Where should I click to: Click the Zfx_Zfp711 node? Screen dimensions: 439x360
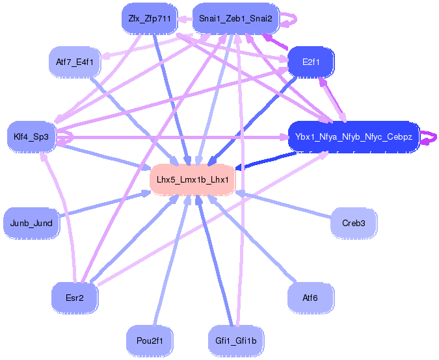coord(150,19)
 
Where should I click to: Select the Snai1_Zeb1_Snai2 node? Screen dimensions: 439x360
coord(235,19)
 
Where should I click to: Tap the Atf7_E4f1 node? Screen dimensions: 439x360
coord(75,62)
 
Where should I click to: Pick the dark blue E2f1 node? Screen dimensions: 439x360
coord(311,62)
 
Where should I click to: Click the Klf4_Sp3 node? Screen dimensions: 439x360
coord(31,136)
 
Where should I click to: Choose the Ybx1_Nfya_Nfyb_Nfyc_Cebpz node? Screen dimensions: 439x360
coord(354,136)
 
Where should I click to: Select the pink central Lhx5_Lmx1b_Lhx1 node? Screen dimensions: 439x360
coord(193,179)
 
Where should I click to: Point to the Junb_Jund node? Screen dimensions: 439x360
coord(31,223)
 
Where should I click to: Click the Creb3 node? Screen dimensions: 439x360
coord(354,223)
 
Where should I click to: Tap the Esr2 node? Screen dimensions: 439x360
coord(75,298)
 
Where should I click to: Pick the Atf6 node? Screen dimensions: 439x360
coord(311,298)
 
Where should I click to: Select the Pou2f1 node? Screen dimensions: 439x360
coord(150,341)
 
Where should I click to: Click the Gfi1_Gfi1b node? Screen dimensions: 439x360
coord(235,341)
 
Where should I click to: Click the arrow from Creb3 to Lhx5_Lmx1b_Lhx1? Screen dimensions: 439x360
coord(284,205)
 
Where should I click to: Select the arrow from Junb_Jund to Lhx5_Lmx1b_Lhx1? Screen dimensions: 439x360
coord(105,203)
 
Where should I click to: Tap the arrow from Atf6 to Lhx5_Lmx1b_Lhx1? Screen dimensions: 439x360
coord(252,238)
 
